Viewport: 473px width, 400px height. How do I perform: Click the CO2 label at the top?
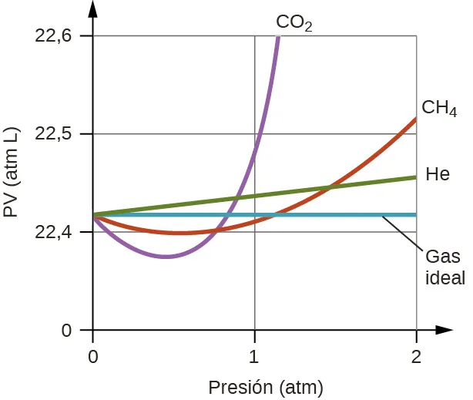coord(294,22)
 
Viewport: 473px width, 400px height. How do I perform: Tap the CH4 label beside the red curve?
coord(439,107)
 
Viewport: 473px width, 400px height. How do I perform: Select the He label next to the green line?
coord(438,174)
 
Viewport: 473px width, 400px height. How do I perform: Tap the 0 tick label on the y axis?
coord(66,331)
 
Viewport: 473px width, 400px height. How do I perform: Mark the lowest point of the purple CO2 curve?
coord(165,257)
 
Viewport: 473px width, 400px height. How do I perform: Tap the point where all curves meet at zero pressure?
coord(93,215)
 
